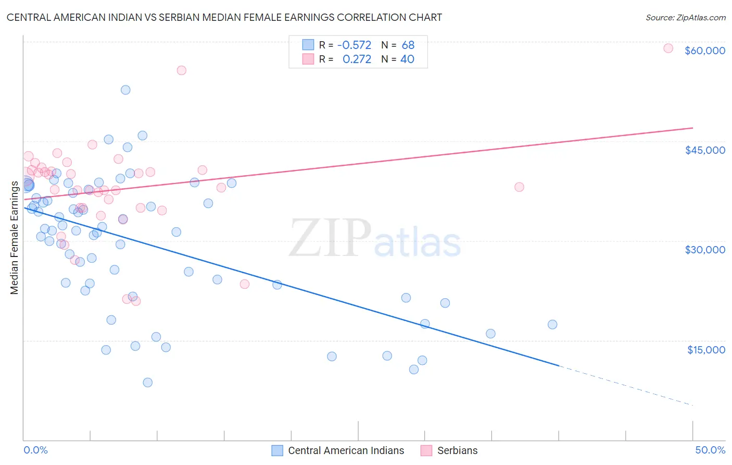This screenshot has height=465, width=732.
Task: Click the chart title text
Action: [224, 17]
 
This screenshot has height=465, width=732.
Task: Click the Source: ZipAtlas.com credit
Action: [685, 17]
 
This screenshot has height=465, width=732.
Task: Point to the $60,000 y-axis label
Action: [704, 51]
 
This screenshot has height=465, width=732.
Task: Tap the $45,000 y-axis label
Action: [704, 150]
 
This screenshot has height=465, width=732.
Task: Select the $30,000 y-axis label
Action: [704, 250]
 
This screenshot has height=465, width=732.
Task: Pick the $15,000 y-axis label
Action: [705, 350]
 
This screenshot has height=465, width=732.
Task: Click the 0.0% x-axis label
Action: [35, 450]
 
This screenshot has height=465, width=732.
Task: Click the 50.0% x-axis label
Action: [710, 450]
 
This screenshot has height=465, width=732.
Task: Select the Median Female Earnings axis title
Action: [15, 237]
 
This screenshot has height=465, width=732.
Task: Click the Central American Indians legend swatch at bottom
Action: [277, 450]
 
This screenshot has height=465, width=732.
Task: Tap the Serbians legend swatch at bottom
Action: [426, 450]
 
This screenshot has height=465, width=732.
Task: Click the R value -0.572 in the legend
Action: [354, 45]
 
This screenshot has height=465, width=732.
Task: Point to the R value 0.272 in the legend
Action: [357, 59]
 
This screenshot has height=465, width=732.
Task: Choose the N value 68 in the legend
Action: [408, 45]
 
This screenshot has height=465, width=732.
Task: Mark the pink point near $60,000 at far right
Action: [668, 48]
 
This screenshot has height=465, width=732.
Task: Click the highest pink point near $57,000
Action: [181, 70]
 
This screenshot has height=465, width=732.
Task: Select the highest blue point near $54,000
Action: [125, 90]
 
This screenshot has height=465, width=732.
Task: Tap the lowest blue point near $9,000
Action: [148, 383]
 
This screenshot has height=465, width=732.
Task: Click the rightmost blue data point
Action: [552, 324]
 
